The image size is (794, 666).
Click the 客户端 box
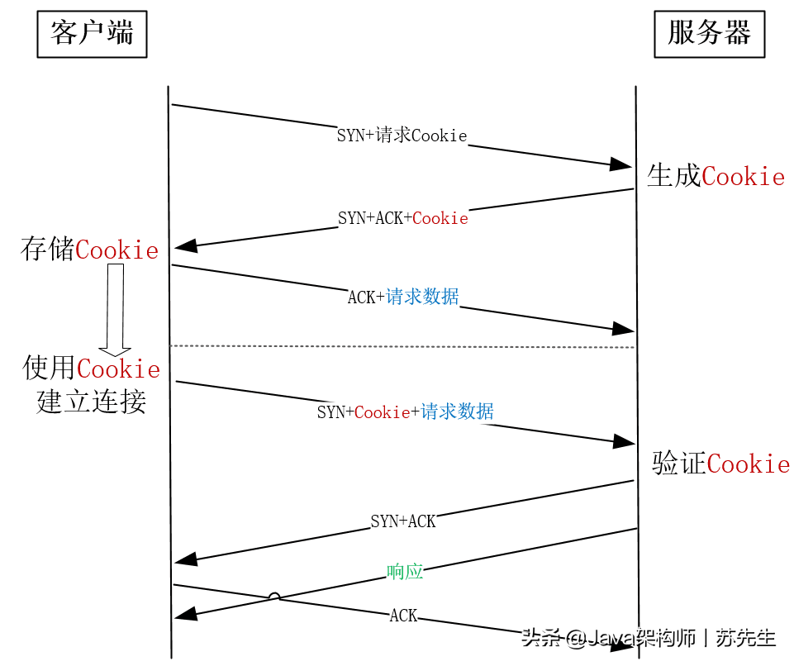92,35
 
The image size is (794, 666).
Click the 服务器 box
709,35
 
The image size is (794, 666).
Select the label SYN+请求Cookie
402,136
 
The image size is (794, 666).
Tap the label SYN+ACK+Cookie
402,218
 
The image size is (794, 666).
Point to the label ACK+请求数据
402,297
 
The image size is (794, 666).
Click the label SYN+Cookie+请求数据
405,411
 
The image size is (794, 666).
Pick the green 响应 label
405,571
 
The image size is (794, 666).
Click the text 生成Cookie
716,176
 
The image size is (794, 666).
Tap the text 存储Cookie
89,250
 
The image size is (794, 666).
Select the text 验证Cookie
720,464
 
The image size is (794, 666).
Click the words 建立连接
91,402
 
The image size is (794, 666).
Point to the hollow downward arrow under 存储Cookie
115,310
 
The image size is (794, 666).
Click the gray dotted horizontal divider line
402,346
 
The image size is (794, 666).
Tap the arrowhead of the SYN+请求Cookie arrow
622,164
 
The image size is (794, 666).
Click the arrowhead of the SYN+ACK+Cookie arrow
184,245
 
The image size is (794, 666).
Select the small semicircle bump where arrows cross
273,597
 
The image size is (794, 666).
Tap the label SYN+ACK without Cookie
402,521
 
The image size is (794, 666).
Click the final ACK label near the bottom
403,616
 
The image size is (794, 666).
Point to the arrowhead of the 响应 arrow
184,613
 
